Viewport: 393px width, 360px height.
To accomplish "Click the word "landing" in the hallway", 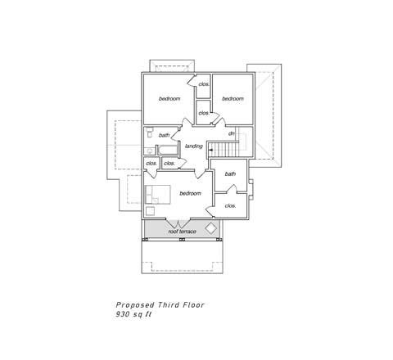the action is (x=194, y=146).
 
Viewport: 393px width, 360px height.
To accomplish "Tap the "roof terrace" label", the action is (x=182, y=232).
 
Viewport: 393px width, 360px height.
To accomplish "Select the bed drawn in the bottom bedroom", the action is (x=158, y=195).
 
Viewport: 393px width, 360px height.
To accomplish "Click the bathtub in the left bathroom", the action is (x=167, y=151).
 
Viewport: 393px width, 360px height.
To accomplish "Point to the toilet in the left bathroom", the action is (x=149, y=132).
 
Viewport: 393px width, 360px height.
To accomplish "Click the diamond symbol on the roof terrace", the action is (x=210, y=228).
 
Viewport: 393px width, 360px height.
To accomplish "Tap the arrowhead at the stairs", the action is (x=210, y=150).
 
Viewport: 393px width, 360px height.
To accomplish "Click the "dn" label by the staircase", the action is (x=232, y=133).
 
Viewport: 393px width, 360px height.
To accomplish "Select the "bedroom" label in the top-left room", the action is (x=169, y=98).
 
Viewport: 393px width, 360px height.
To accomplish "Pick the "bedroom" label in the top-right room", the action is (x=233, y=98).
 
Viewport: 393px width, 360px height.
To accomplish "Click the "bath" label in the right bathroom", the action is (x=230, y=173).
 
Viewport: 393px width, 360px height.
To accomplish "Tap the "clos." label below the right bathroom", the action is (x=230, y=206).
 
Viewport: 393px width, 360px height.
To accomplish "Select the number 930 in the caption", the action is (x=123, y=314).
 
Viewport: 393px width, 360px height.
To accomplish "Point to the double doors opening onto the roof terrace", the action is (x=178, y=223).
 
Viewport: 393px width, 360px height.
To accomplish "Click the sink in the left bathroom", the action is (x=149, y=151).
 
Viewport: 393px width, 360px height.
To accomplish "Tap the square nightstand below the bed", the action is (x=150, y=211).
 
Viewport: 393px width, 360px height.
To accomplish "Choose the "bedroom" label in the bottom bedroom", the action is (x=190, y=193).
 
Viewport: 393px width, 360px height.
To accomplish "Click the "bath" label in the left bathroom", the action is (x=164, y=135).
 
